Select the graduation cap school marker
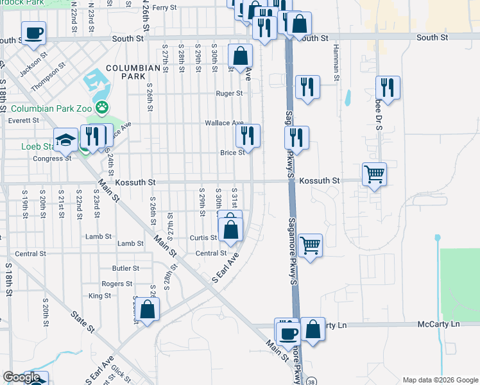pos(66,140)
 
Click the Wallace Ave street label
pos(224,123)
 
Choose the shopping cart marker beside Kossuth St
pos(374,173)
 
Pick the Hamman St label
pos(335,62)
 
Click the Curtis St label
pos(203,237)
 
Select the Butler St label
pos(126,268)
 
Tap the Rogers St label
pos(117,284)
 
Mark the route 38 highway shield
pos(311,381)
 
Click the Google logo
pos(21,377)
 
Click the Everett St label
pos(24,120)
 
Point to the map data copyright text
pos(440,380)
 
